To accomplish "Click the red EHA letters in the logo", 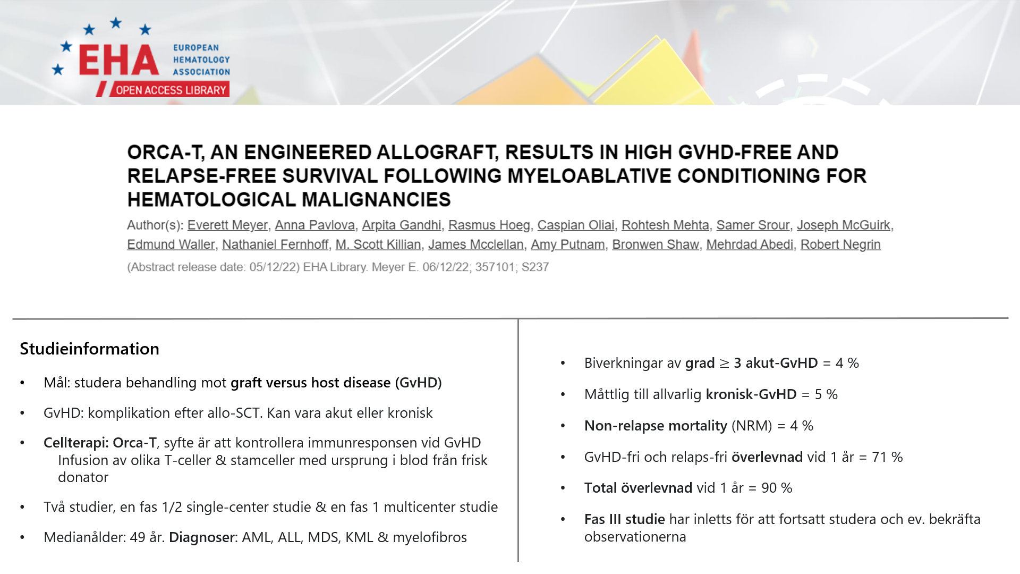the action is point(119,60).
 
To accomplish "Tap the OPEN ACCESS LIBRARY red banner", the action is point(170,90).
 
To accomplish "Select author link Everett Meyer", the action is point(227,225).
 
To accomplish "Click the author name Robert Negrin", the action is point(840,244).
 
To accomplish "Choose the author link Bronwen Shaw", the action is point(656,244).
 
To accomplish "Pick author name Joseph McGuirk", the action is point(843,225).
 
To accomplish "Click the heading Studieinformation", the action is point(89,349).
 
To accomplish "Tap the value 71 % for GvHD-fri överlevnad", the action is point(887,457).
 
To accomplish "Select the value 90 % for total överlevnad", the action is point(777,488).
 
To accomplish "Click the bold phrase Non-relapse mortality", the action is point(656,426).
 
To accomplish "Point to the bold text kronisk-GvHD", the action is point(751,394).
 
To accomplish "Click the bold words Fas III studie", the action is point(625,519).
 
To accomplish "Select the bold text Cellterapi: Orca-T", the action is point(100,443).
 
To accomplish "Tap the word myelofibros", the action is point(430,537).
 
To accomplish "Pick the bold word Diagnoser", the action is point(202,537).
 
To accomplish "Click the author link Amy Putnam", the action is point(568,244).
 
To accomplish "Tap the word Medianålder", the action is point(84,537).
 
